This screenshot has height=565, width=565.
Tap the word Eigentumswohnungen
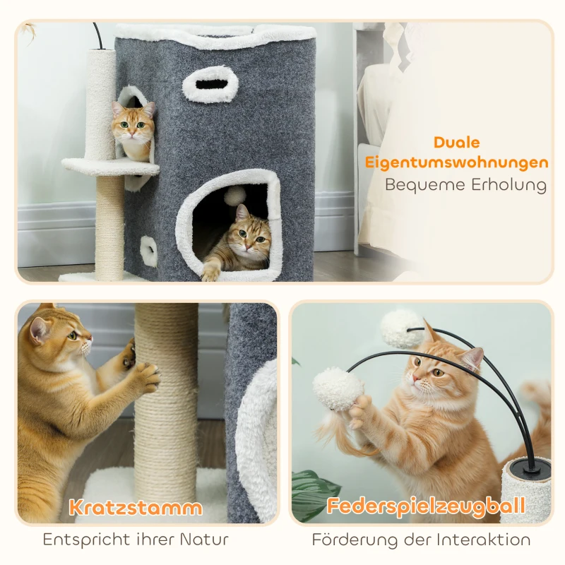[457, 162]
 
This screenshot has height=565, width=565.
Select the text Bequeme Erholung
[465, 185]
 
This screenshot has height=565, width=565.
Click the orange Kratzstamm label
[135, 506]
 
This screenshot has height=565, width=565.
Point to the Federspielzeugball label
[426, 506]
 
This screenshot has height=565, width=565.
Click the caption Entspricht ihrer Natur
[136, 540]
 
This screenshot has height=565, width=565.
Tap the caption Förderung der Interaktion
[421, 540]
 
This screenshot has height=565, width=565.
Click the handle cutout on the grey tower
[210, 84]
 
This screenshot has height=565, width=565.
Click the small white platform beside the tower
[109, 167]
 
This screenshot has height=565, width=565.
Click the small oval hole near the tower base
[149, 251]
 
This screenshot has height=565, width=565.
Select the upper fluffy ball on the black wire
[401, 327]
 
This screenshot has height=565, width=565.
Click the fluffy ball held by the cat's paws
[338, 388]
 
